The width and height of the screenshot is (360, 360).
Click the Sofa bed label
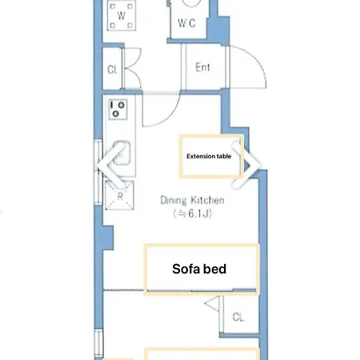click(x=199, y=269)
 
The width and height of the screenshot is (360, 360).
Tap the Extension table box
click(x=211, y=156)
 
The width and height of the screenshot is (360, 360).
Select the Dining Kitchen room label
click(x=192, y=200)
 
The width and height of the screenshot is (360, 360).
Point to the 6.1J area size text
click(x=193, y=214)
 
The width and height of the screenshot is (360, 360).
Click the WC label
click(x=186, y=23)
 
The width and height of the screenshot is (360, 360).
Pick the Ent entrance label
click(x=202, y=67)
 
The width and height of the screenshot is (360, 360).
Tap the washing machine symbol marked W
click(x=122, y=15)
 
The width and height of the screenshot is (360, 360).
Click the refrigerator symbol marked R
click(x=120, y=195)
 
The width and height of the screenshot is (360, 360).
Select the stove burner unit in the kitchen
click(x=118, y=110)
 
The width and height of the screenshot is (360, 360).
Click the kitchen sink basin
click(x=122, y=154)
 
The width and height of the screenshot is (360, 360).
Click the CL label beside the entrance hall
click(x=112, y=70)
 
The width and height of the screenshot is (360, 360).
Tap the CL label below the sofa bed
click(x=238, y=317)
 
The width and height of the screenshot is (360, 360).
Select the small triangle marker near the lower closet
click(x=213, y=303)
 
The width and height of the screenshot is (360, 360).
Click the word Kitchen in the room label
click(x=208, y=200)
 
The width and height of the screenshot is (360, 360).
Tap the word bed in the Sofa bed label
click(x=215, y=269)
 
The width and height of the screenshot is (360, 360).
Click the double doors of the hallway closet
click(x=133, y=68)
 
